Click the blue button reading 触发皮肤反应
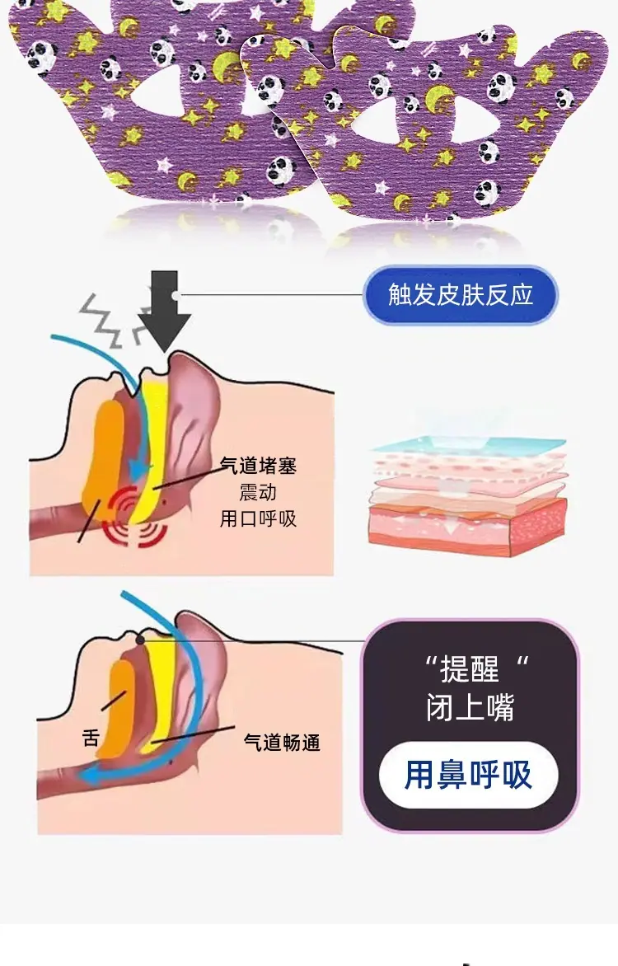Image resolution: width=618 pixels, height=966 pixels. (461, 294)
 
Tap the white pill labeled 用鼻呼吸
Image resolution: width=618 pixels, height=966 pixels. (468, 775)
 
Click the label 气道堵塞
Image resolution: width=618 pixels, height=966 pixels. (258, 465)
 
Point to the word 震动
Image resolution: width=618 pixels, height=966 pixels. (258, 492)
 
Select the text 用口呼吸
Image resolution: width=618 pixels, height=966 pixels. (258, 518)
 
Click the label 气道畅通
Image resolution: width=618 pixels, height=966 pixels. (282, 743)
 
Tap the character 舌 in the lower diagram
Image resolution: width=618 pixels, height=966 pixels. (91, 738)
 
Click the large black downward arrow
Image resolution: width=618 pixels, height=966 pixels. (164, 311)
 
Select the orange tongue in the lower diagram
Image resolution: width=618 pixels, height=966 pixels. (121, 709)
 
